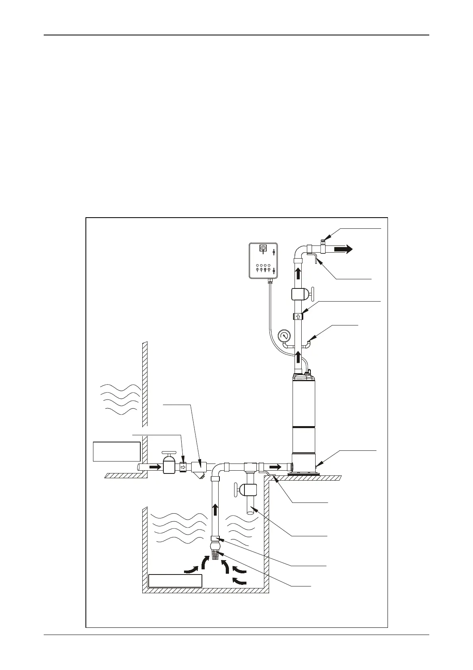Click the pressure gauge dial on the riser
point(283,336)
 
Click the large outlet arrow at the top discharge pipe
point(343,249)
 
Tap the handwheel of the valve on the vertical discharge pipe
point(313,294)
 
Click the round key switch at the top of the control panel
point(263,248)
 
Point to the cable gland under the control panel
point(269,280)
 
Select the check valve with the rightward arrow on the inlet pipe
point(183,467)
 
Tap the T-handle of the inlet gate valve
point(169,453)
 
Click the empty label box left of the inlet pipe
point(116,451)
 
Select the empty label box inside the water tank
point(175,581)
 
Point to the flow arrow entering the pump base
point(275,466)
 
